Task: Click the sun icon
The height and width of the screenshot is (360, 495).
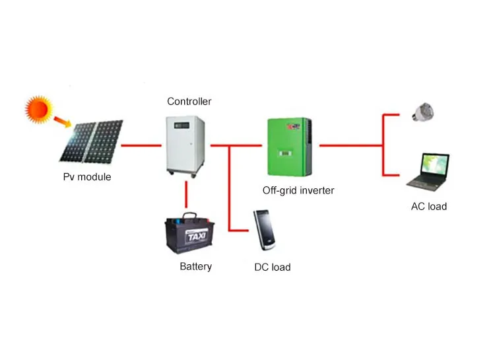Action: [x=39, y=109]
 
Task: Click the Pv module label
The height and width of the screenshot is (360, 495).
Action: [x=87, y=177]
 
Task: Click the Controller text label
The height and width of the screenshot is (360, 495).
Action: [x=189, y=101]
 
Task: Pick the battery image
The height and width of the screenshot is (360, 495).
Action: [x=189, y=234]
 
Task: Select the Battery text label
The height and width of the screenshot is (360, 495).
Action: [x=196, y=267]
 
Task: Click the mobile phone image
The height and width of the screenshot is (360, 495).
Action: [x=265, y=231]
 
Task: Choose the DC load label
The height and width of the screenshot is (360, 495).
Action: [x=273, y=268]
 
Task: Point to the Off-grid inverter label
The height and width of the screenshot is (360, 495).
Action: [x=298, y=190]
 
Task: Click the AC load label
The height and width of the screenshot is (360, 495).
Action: [x=429, y=207]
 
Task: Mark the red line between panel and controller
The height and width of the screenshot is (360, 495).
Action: [x=143, y=145]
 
